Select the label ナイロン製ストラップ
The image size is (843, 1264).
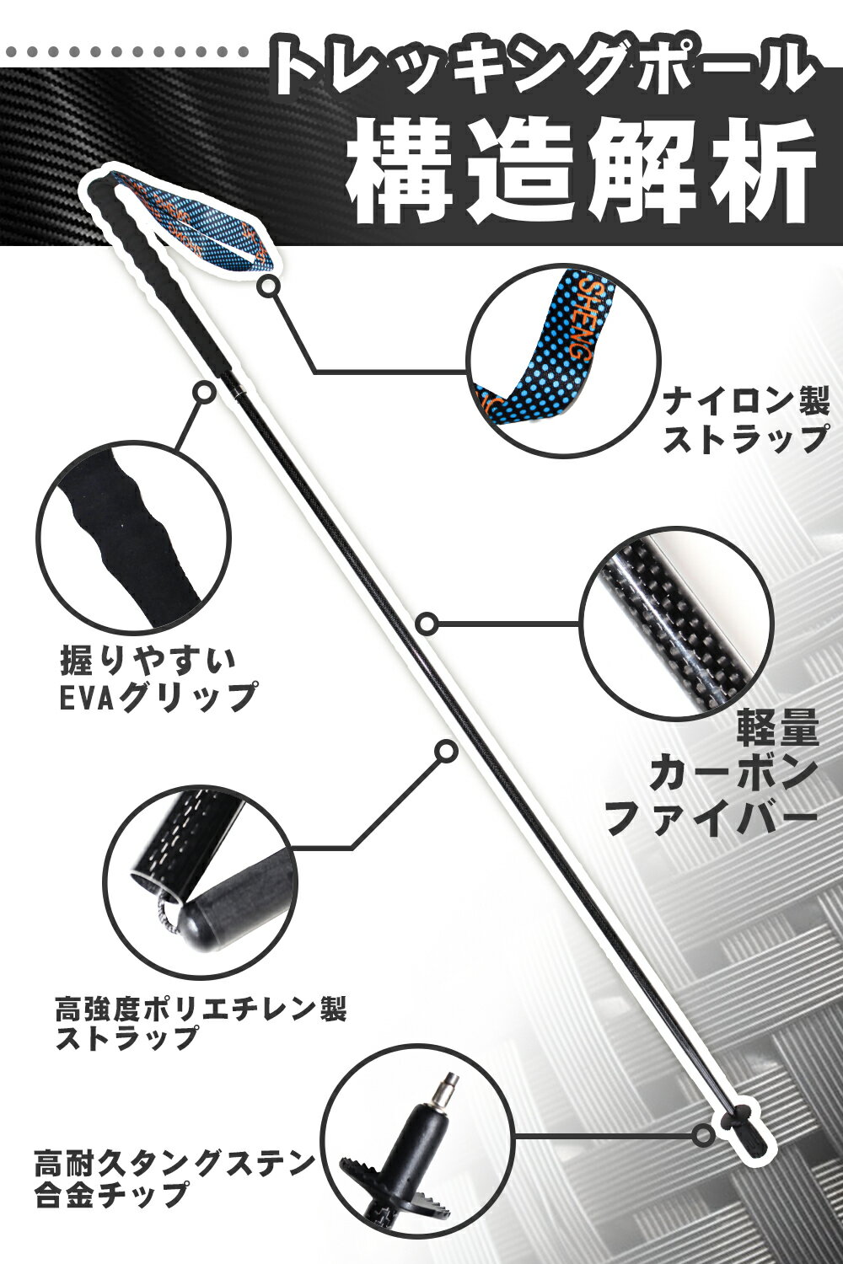click(745, 422)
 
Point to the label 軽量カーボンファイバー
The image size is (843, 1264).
click(712, 781)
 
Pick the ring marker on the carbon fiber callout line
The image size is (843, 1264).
click(427, 624)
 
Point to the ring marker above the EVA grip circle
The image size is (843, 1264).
click(203, 391)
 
